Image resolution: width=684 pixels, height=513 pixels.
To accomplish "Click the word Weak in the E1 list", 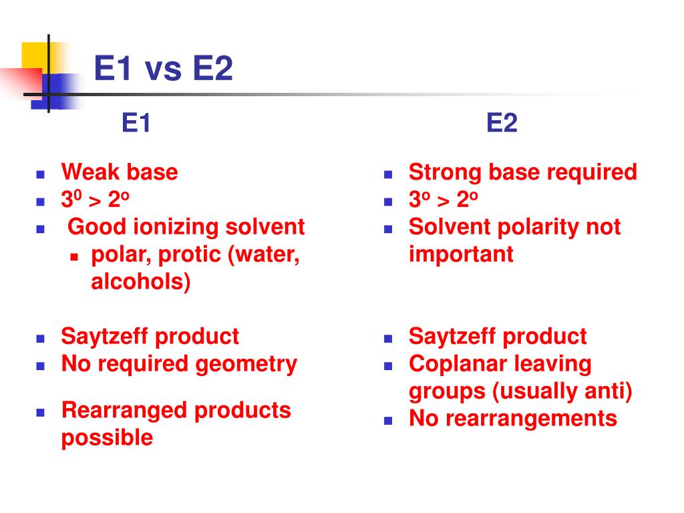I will tap(83, 172).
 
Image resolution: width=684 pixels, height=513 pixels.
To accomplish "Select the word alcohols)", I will tap(141, 282).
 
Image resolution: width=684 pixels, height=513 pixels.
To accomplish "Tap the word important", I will tap(461, 254).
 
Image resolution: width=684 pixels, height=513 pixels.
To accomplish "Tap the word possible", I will tap(107, 439).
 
